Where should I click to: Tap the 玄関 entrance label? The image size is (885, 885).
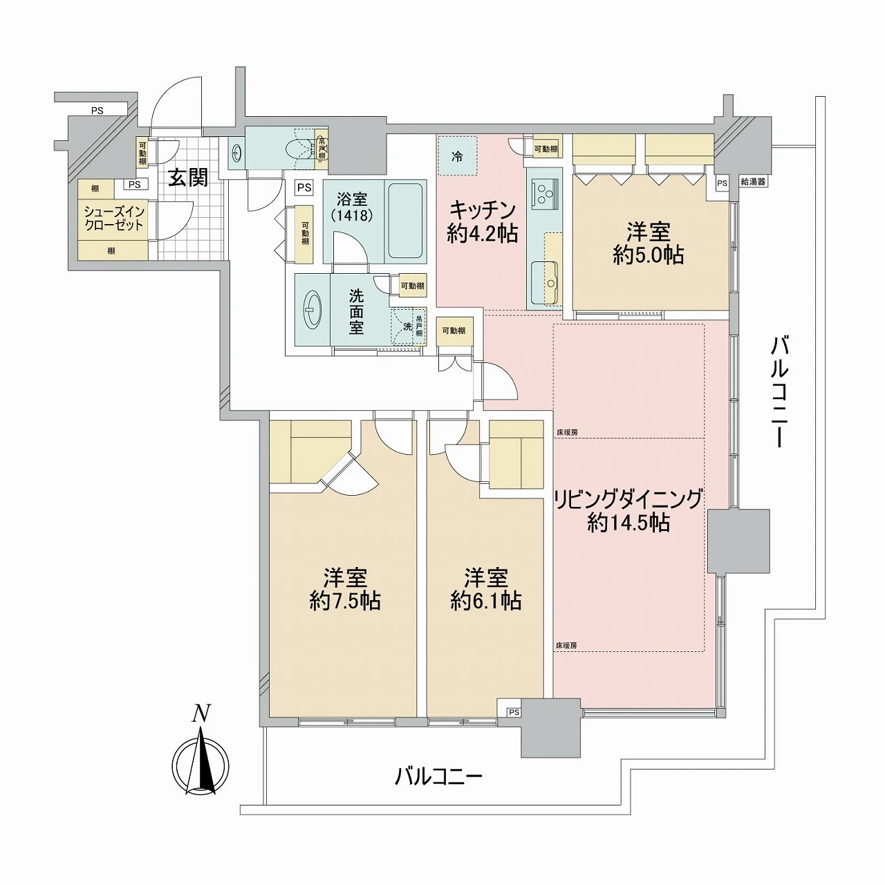(188, 178)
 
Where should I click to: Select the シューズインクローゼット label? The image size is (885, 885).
(113, 218)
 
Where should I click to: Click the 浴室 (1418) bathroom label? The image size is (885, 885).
(352, 207)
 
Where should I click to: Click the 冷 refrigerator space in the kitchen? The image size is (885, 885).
(457, 157)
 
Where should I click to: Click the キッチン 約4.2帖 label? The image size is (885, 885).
(482, 221)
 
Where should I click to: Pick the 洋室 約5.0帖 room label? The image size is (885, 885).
(648, 243)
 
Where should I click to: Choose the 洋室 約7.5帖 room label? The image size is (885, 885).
(345, 588)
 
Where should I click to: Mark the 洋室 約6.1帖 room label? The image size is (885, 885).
(485, 588)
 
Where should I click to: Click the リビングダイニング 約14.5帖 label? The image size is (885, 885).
(628, 510)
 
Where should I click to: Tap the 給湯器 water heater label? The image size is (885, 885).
(753, 183)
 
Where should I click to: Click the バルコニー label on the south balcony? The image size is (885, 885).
(438, 776)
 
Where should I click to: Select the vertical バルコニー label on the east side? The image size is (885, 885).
(780, 391)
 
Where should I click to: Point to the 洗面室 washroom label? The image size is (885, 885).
(356, 311)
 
